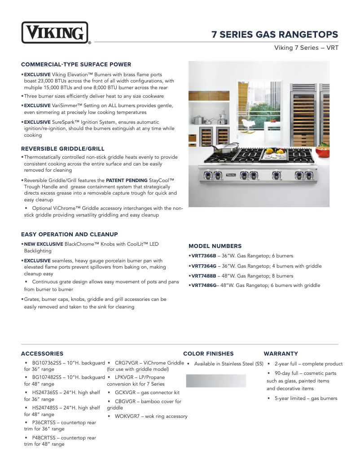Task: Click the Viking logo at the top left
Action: pyautogui.click(x=55, y=33)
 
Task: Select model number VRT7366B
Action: pyautogui.click(x=204, y=256)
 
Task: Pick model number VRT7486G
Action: pyautogui.click(x=204, y=286)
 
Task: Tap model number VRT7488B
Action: pyautogui.click(x=204, y=276)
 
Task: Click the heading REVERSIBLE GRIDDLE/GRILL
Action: pyautogui.click(x=63, y=149)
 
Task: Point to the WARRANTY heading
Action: pyautogui.click(x=281, y=354)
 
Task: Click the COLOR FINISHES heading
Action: pyautogui.click(x=208, y=354)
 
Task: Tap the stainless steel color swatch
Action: pyautogui.click(x=216, y=381)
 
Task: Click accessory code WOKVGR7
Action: pyautogui.click(x=128, y=417)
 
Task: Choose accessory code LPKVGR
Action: pyautogui.click(x=126, y=378)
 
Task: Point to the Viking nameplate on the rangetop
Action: pyautogui.click(x=230, y=174)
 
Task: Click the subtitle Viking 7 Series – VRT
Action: pyautogui.click(x=306, y=48)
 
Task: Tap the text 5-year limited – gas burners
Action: pyautogui.click(x=306, y=399)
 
